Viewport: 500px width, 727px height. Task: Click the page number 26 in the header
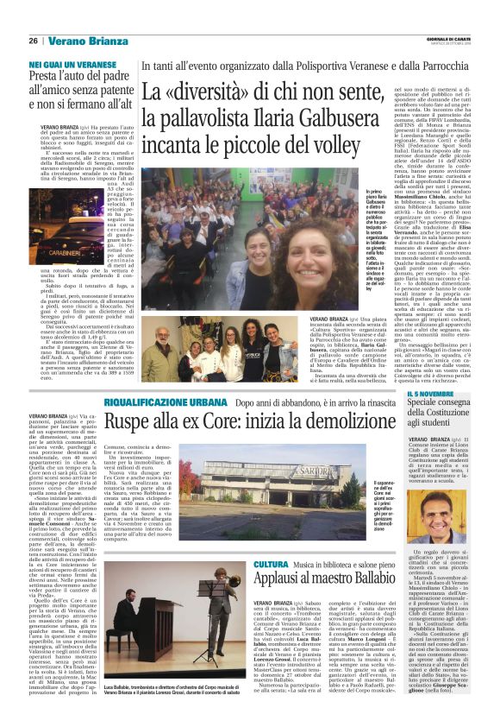coord(33,41)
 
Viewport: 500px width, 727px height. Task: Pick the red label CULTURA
coord(271,541)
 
